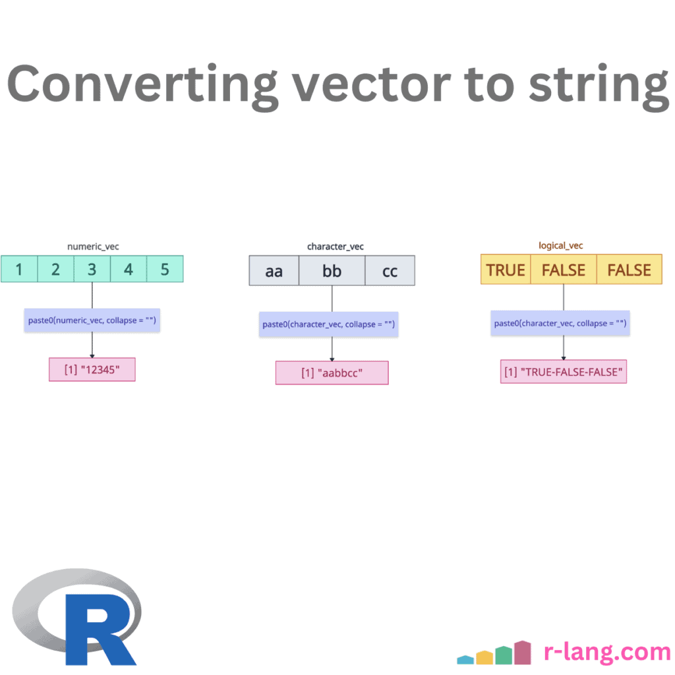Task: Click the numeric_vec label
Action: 93,247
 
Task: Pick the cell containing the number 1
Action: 19,269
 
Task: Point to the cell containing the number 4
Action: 129,269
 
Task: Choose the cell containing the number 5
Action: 165,269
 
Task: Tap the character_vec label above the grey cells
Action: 335,247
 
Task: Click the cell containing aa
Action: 274,271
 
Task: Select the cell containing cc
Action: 390,271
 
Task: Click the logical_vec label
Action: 561,246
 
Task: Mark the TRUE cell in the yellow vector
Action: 506,270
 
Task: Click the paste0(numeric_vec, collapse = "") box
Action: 92,320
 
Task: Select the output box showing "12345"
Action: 92,369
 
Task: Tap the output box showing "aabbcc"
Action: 332,372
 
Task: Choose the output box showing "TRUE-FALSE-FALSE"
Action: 564,372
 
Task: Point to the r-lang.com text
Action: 607,652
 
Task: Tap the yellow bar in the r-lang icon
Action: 484,657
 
